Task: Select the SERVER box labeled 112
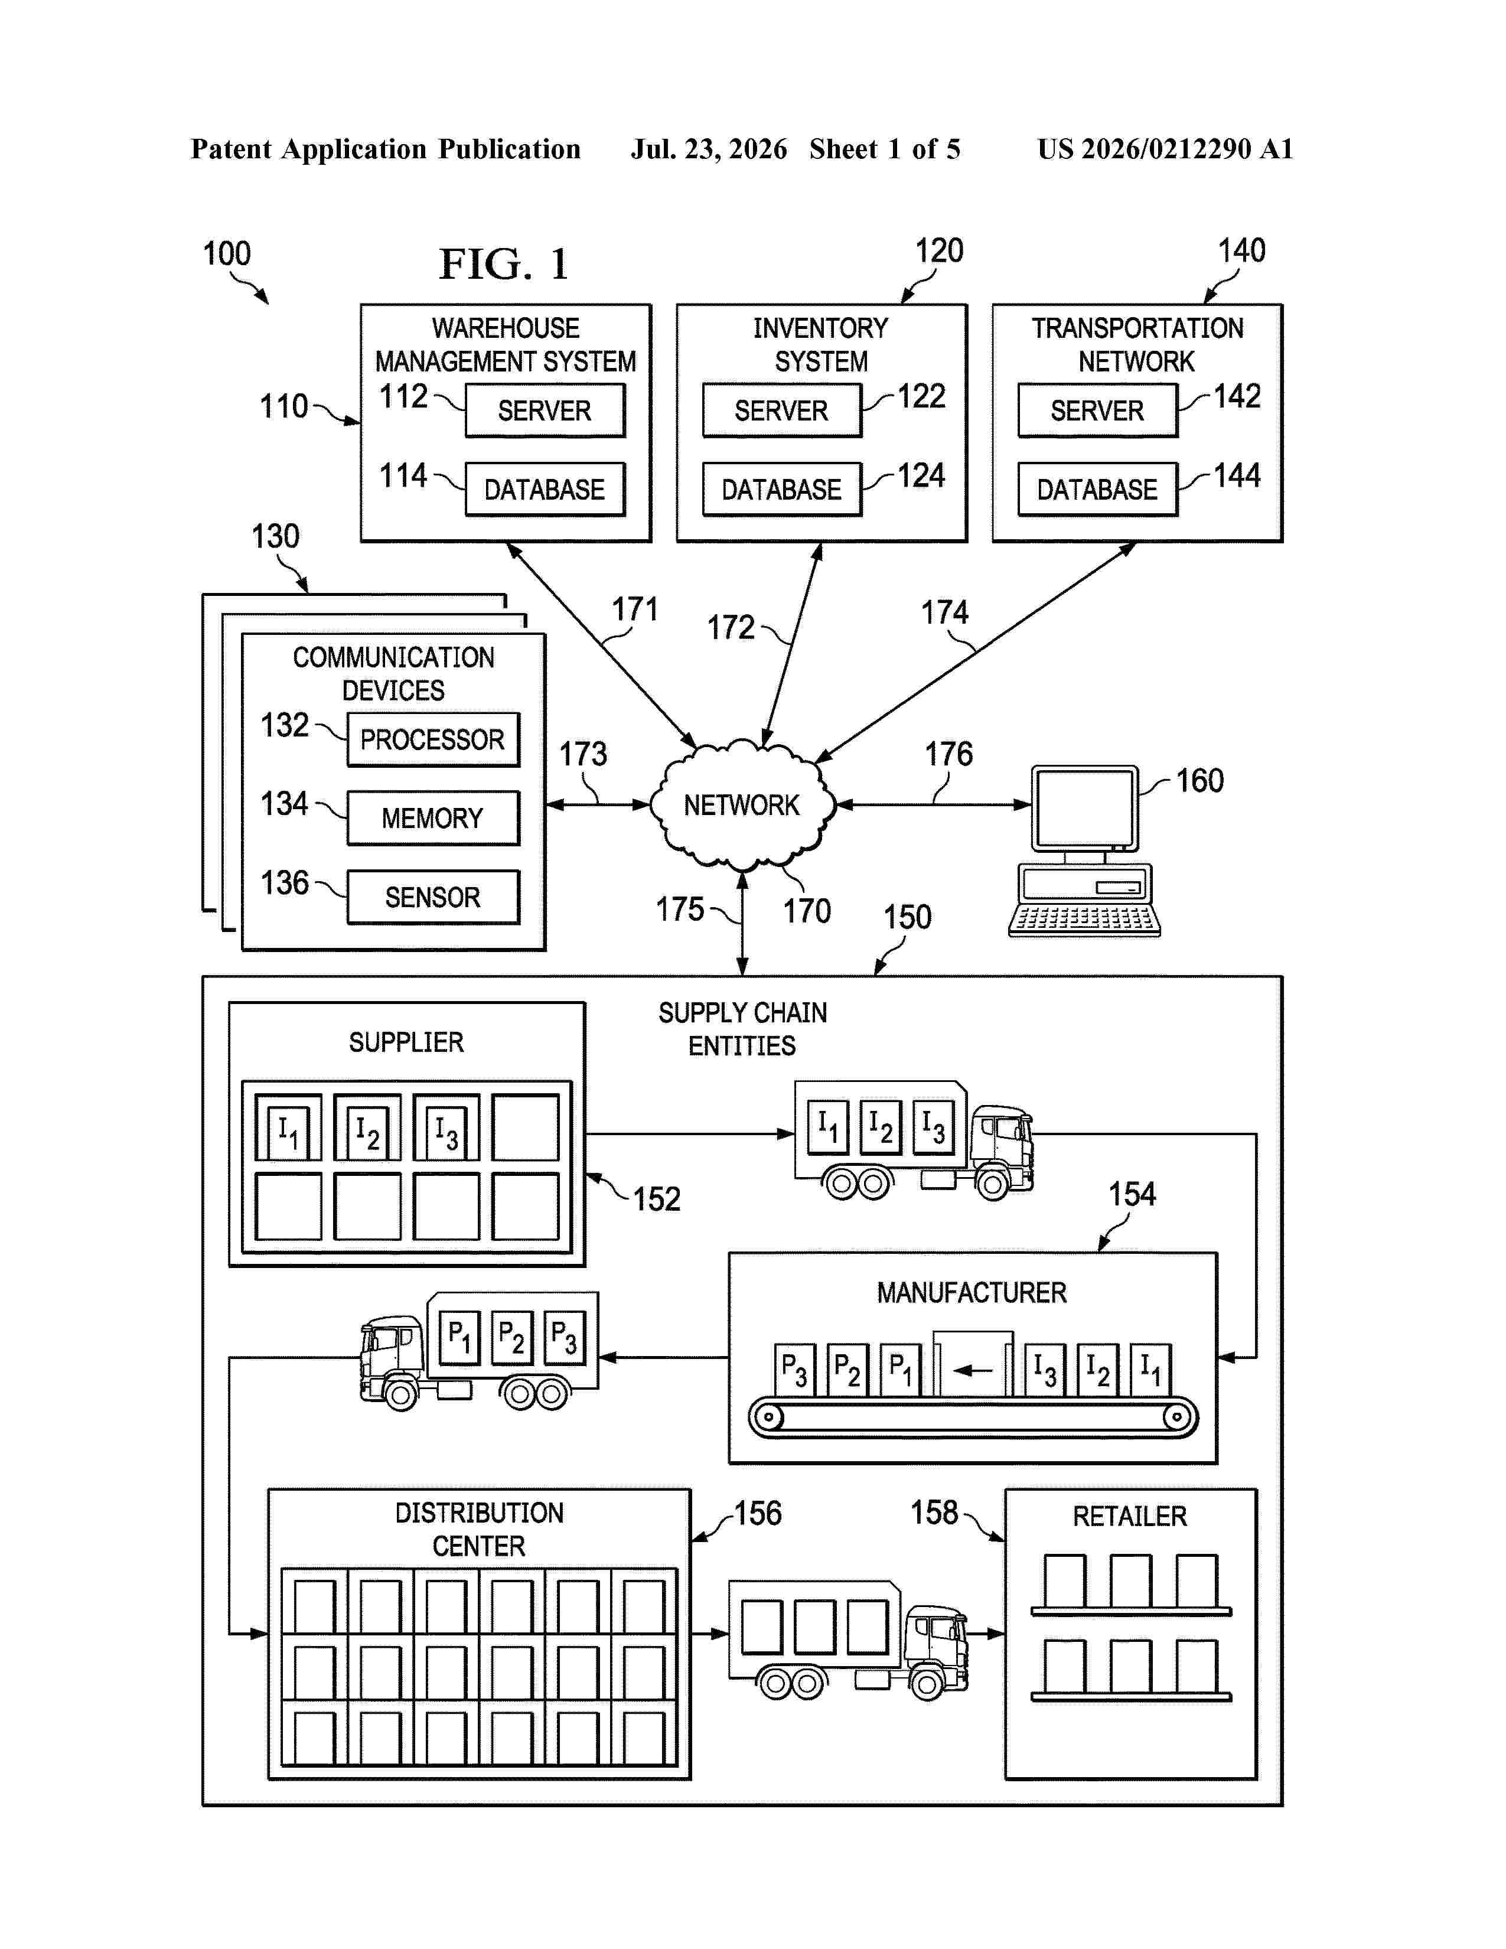[545, 410]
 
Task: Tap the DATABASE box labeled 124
[781, 489]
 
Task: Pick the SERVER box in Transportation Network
[1097, 410]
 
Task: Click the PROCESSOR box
[433, 740]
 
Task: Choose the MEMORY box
[433, 819]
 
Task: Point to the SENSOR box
[433, 897]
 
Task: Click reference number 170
[807, 911]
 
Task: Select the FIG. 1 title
[504, 264]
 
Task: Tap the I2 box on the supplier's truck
[881, 1127]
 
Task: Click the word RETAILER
[1129, 1516]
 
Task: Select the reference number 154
[1132, 1194]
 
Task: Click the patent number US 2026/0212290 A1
[1165, 149]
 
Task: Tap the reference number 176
[948, 754]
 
